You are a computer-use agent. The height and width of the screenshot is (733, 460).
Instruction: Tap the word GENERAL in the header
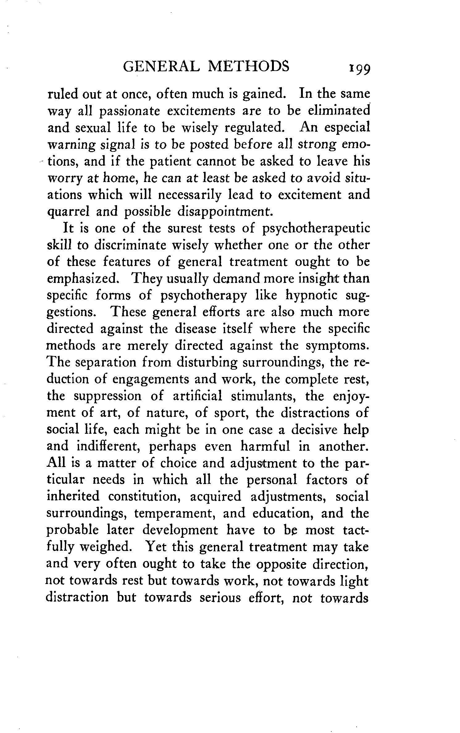[x=160, y=66]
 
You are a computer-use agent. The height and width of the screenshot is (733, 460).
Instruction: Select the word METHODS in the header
[x=249, y=66]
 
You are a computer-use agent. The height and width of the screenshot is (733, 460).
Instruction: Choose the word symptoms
[x=337, y=346]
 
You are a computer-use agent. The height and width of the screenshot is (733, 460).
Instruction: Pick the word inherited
[x=73, y=496]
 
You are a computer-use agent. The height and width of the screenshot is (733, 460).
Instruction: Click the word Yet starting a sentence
[x=156, y=547]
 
